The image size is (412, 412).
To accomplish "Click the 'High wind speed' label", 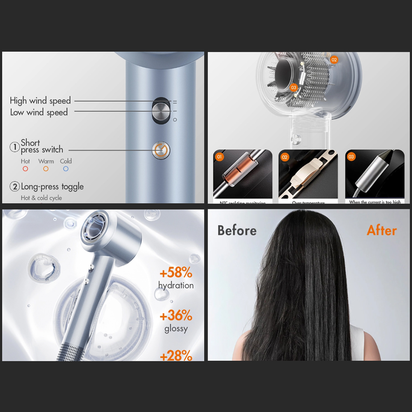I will tap(40, 101).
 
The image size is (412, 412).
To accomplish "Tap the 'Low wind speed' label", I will tap(39, 112).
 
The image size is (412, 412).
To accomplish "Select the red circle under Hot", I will tap(25, 169).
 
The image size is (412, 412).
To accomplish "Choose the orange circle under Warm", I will tap(46, 169).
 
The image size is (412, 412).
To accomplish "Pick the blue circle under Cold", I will tap(66, 169).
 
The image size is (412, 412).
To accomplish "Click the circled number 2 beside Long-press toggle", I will tap(15, 187).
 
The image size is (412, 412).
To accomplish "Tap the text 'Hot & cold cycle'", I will tap(41, 198).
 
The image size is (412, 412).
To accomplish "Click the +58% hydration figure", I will tap(176, 273).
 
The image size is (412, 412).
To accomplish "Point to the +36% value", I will tap(176, 316).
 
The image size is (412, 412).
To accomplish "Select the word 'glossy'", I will tap(176, 329).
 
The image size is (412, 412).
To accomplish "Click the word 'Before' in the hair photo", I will tap(237, 231).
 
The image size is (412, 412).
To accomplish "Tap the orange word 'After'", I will tap(382, 231).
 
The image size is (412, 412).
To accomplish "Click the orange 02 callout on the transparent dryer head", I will tap(334, 60).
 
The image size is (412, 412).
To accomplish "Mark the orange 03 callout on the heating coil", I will tap(293, 87).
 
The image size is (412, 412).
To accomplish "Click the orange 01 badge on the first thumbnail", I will tap(219, 157).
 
